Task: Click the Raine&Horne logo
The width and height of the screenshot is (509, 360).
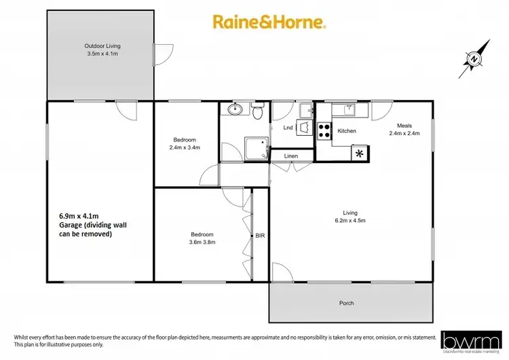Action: pos(269,22)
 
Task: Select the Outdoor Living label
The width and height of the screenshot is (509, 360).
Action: pos(102,50)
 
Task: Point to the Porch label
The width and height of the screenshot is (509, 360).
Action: pos(346,303)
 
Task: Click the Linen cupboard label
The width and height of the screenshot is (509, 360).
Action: pos(291,156)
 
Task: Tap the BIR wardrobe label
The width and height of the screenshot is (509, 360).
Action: pos(259,236)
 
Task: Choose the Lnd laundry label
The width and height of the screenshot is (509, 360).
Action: pos(287,127)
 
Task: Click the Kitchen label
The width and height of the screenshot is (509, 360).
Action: pos(347,130)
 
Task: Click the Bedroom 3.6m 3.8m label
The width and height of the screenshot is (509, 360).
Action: pos(200,239)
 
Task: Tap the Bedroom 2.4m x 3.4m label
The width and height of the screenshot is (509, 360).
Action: pos(184,143)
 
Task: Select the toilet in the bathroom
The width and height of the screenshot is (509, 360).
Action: pos(257,111)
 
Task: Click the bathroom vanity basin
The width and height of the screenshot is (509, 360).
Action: pos(235,109)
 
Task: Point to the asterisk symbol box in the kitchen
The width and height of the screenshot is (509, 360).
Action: pos(358,154)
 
